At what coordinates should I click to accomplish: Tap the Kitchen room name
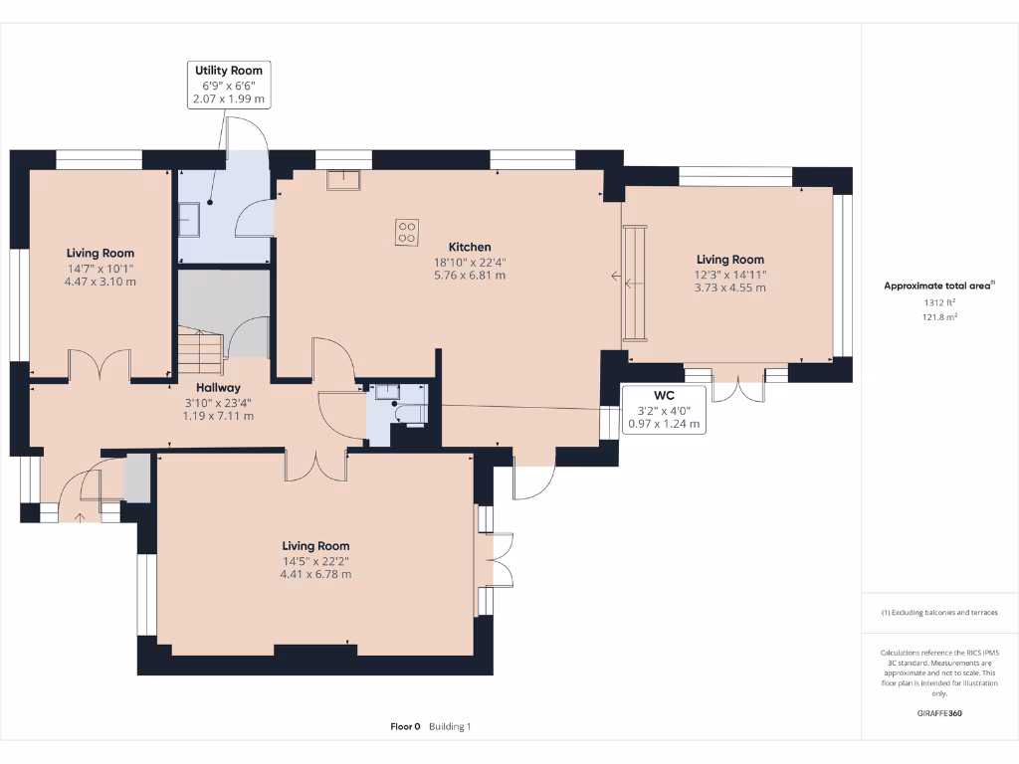(470, 247)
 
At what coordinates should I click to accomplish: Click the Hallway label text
(217, 388)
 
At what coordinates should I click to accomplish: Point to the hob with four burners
(407, 232)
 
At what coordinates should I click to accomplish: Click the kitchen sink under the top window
(345, 178)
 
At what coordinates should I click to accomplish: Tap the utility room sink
(190, 219)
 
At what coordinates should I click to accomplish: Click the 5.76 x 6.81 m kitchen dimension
(470, 276)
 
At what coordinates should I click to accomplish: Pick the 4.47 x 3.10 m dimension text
(101, 282)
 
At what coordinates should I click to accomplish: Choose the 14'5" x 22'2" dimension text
(315, 560)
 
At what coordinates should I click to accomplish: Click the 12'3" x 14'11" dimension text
(729, 275)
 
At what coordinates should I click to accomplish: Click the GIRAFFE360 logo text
(938, 713)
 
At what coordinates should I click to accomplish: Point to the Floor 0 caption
(405, 727)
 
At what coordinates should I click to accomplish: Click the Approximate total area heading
(937, 286)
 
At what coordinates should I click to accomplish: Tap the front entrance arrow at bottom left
(80, 516)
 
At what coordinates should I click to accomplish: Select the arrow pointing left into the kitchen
(617, 278)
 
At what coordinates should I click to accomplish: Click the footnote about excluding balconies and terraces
(938, 613)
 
